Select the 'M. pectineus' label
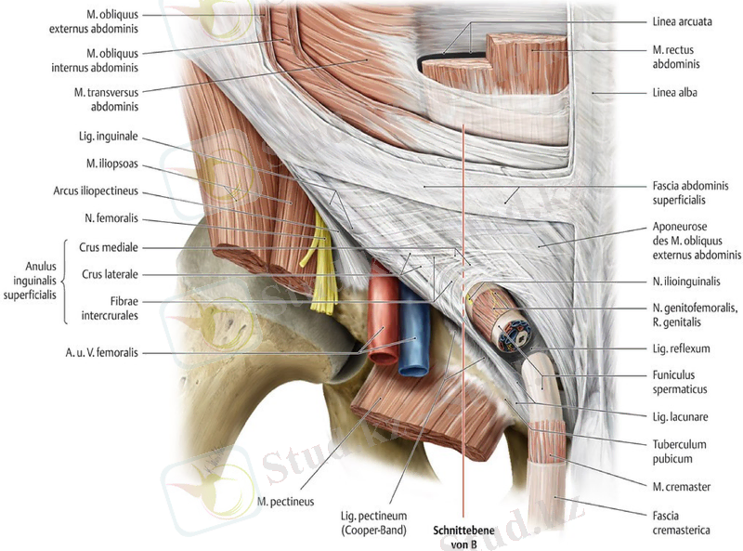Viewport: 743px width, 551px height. pyautogui.click(x=286, y=502)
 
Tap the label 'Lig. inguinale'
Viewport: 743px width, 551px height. pyautogui.click(x=110, y=137)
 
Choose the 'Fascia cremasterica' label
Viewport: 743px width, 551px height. pyautogui.click(x=679, y=523)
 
